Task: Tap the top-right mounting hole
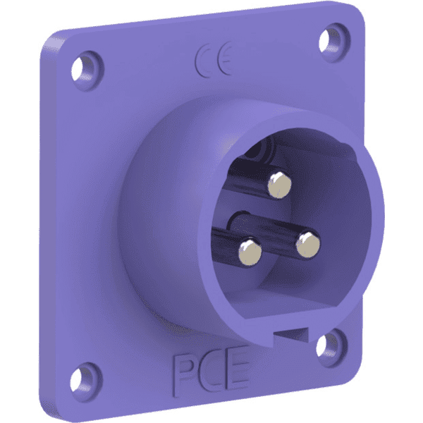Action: coord(333,36)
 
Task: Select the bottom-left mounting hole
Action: coord(88,372)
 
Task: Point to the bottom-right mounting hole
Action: coord(326,345)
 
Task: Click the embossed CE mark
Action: coord(214,59)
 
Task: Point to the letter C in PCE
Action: coord(209,369)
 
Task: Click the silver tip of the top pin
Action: coord(279,185)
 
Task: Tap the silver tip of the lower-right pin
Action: coord(309,245)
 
